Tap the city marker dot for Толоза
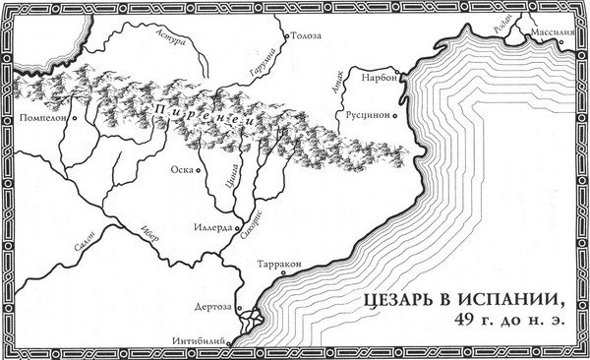coord(285,35)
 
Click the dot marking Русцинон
coord(396,114)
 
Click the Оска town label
coord(180,168)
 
